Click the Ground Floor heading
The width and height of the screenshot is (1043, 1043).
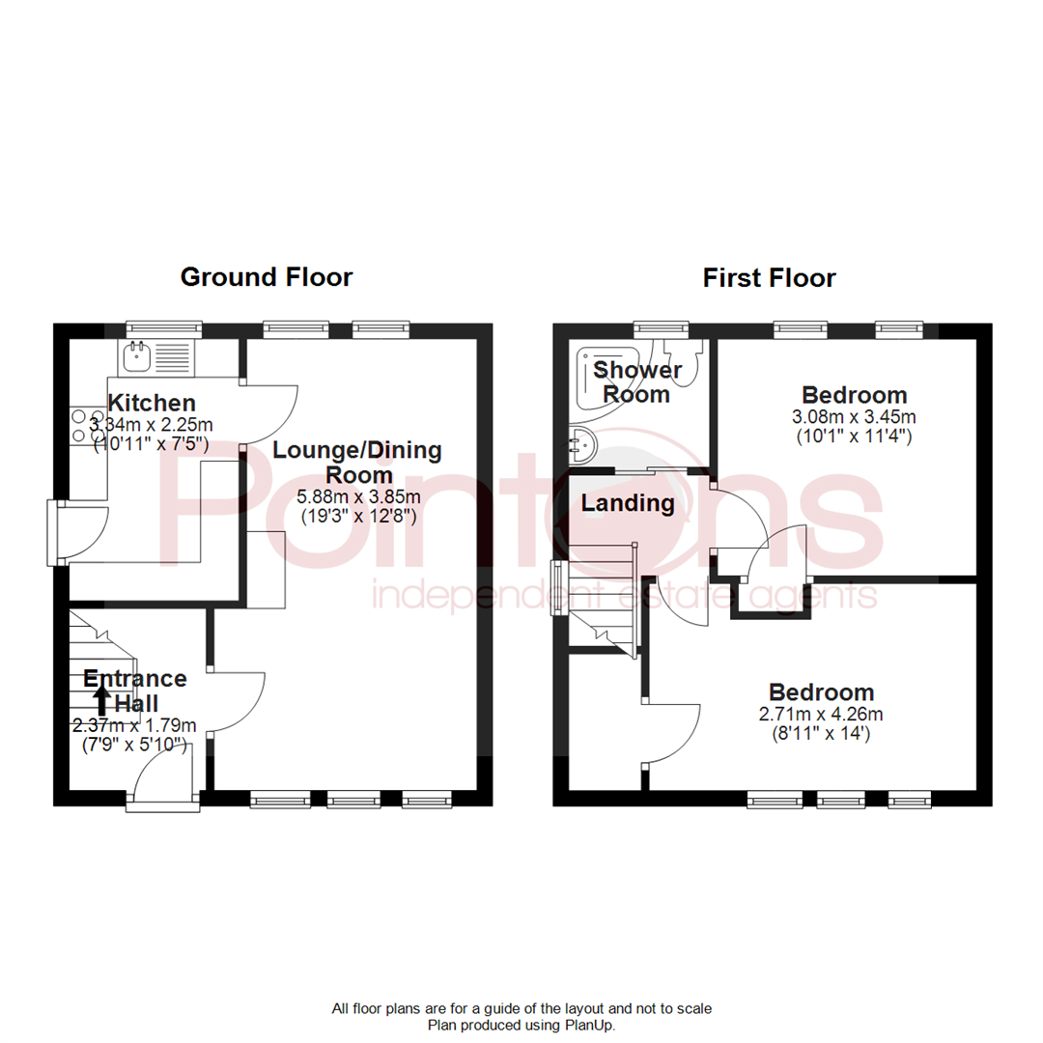coord(267,277)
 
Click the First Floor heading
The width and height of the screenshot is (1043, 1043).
coord(769,278)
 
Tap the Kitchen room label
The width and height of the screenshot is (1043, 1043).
coord(152,403)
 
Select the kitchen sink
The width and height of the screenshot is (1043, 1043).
coord(157,356)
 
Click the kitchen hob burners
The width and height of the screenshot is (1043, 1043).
coord(88,426)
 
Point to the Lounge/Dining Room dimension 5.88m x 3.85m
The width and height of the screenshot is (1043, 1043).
coord(358,497)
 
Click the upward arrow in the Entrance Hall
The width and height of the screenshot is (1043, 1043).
coord(101,700)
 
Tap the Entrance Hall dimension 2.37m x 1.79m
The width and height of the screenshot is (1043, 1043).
coord(134,725)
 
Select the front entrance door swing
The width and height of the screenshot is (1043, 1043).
coord(163,772)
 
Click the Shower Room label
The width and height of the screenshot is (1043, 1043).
coord(637,381)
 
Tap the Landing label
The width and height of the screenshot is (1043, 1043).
coord(628,503)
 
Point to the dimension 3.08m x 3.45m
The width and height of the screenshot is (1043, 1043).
coord(854,417)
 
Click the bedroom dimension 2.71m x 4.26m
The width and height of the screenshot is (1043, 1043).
coord(821,715)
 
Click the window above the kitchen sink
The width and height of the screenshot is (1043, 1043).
coord(163,327)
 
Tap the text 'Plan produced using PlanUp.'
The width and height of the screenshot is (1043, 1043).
coord(521,1025)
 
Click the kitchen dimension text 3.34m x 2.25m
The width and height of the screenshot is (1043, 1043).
coord(151,424)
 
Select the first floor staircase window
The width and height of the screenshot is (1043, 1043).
coord(556,588)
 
